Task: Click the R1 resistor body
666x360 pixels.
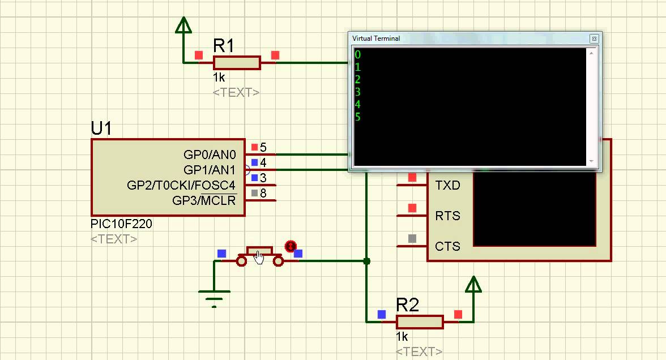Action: pyautogui.click(x=237, y=63)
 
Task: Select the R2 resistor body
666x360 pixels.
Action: pyautogui.click(x=420, y=322)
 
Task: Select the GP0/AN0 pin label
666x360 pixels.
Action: pyautogui.click(x=210, y=155)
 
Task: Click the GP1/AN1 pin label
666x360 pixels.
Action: pyautogui.click(x=210, y=170)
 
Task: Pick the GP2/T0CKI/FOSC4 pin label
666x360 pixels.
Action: pyautogui.click(x=181, y=185)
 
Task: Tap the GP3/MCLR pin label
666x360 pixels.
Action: pyautogui.click(x=204, y=200)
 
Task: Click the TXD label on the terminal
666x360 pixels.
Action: pyautogui.click(x=447, y=185)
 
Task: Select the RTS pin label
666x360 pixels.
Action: pyautogui.click(x=447, y=216)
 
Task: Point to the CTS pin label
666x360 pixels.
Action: pyautogui.click(x=447, y=246)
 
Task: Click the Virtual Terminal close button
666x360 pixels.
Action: pyautogui.click(x=594, y=38)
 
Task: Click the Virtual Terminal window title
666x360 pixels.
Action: pyautogui.click(x=376, y=38)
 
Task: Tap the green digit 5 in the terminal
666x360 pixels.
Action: pyautogui.click(x=358, y=117)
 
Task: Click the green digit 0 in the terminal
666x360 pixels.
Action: pyautogui.click(x=358, y=55)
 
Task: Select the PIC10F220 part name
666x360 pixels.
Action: pyautogui.click(x=121, y=224)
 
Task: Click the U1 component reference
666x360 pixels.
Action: pyautogui.click(x=101, y=129)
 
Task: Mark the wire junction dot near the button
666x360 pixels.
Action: pyautogui.click(x=366, y=261)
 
